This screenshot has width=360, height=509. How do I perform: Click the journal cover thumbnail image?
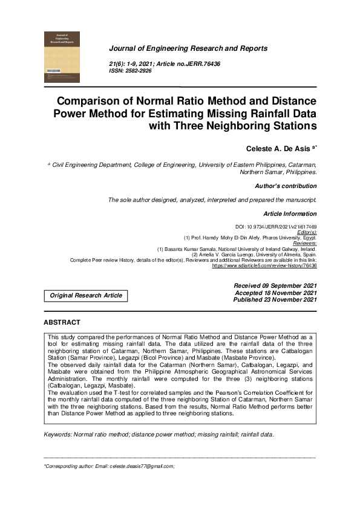point(62,57)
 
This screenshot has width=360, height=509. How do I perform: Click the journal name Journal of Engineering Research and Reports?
point(188,48)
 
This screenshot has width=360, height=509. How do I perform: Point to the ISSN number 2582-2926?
point(137,71)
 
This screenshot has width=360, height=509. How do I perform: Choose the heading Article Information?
point(289,214)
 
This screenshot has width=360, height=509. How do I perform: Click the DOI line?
point(275,226)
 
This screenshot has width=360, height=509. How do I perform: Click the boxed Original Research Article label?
point(85,296)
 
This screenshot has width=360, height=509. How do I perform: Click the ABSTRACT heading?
point(62,323)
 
